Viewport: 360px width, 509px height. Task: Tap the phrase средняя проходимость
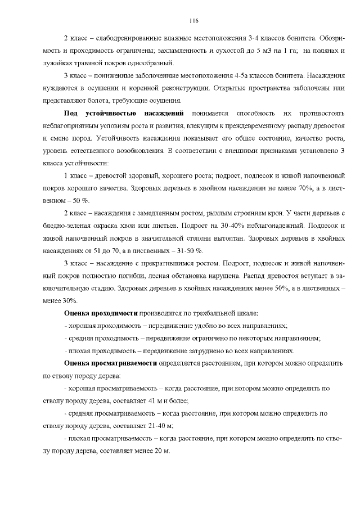point(101,338)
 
